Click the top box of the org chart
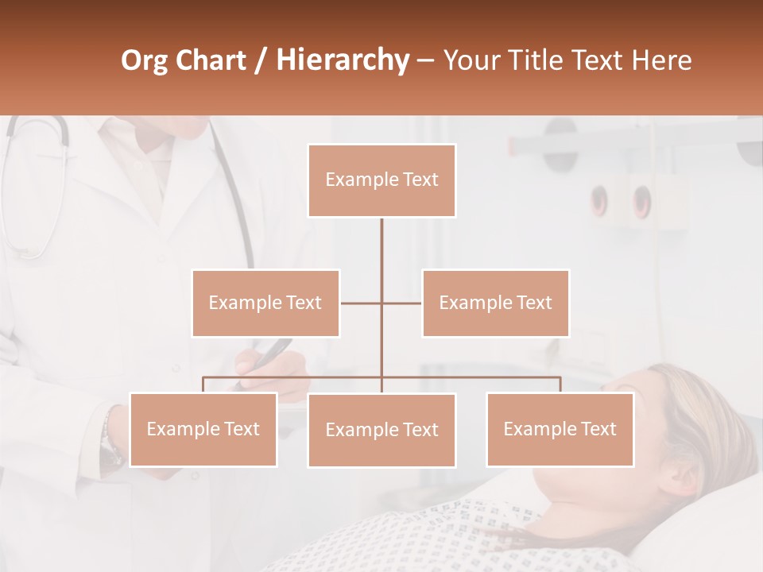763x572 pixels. [x=381, y=180]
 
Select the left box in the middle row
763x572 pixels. [x=265, y=303]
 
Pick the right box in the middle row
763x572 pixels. [x=495, y=303]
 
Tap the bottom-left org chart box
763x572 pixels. [x=203, y=429]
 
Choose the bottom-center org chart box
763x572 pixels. [x=381, y=430]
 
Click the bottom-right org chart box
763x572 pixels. [x=560, y=429]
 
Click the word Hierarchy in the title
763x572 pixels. [x=343, y=60]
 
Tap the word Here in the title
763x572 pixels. [x=661, y=60]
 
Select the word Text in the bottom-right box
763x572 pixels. [x=598, y=429]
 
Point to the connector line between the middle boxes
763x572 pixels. [x=381, y=303]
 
